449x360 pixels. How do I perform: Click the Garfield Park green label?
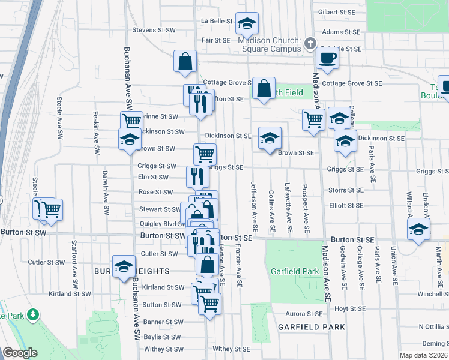coord(294,271)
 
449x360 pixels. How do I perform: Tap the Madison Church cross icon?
coord(310,43)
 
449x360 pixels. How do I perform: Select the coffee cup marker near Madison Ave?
coord(328,58)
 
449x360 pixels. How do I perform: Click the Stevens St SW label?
coord(154,29)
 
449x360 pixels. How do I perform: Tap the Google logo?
coord(20,353)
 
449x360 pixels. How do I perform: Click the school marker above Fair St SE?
coord(246,24)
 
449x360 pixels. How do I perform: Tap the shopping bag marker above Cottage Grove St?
coord(185,60)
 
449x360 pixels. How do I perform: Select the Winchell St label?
coord(433,294)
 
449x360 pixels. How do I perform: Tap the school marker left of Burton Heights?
coord(124,267)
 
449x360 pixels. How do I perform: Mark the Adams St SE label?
coord(341,31)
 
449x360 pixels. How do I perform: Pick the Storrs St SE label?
coord(345,190)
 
